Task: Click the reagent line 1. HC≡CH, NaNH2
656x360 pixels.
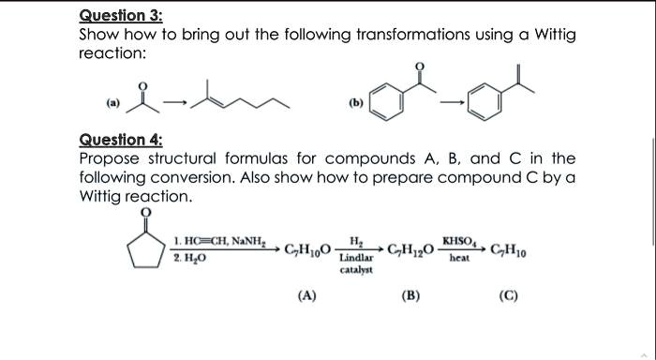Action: [x=219, y=242]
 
